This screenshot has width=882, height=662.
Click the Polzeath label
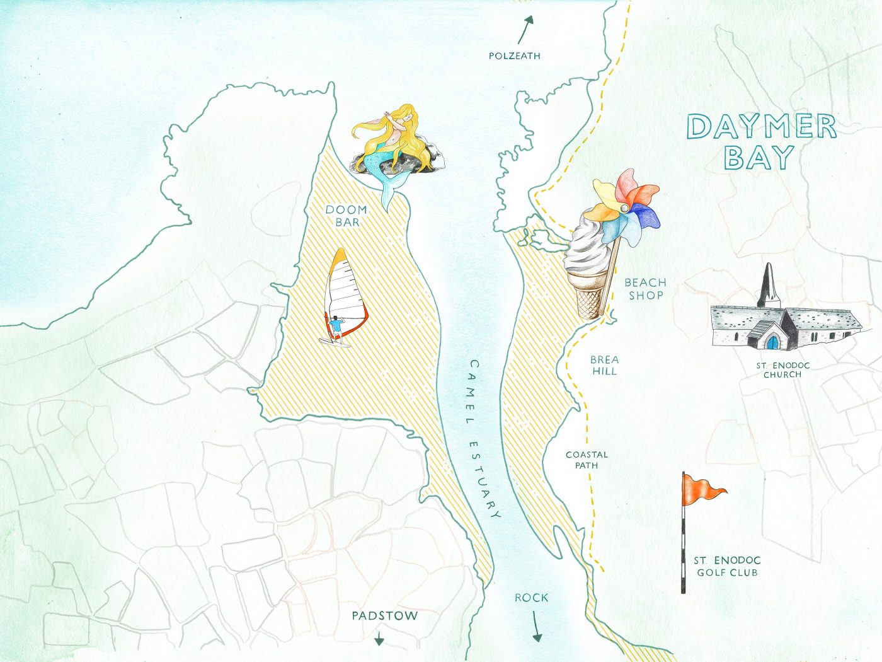[514, 55]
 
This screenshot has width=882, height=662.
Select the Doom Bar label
[346, 216]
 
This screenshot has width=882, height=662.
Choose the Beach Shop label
[645, 289]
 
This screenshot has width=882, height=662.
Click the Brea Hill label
[604, 365]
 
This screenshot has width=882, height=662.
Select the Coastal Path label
[587, 460]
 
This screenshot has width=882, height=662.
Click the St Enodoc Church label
[782, 370]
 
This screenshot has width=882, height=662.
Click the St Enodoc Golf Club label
[727, 566]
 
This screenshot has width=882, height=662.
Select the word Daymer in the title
[761, 127]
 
